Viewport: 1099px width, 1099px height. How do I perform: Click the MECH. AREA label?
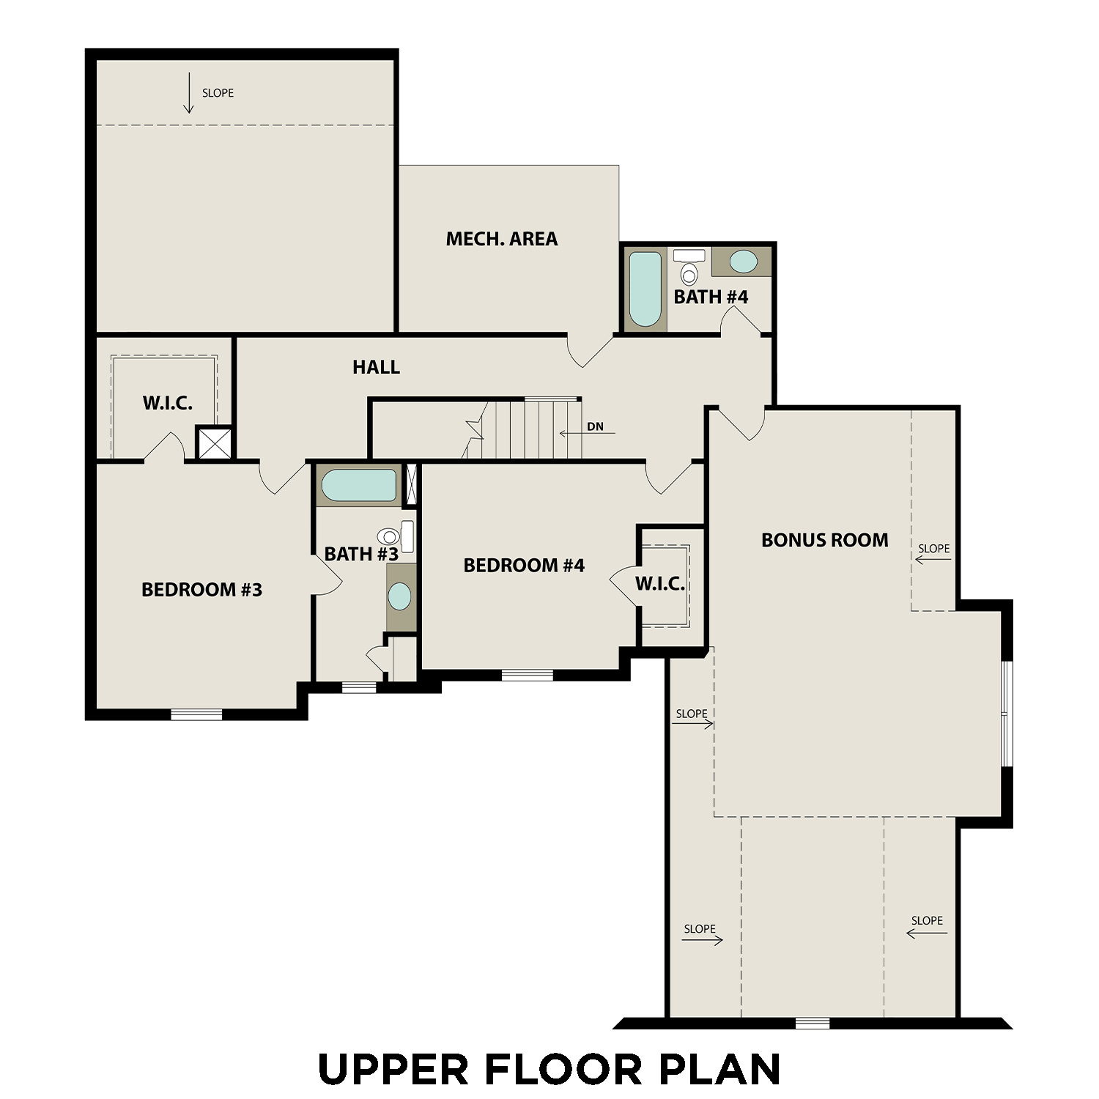[502, 239]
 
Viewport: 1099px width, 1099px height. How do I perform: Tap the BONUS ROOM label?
[824, 540]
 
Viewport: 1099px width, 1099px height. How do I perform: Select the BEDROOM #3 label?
[201, 590]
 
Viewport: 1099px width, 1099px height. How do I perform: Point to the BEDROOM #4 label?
[524, 565]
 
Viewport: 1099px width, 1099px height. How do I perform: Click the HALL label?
[376, 367]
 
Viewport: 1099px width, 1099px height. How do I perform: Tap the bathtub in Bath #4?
[645, 289]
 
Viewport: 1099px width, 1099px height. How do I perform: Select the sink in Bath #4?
[743, 262]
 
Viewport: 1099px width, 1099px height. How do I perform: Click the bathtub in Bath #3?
[359, 486]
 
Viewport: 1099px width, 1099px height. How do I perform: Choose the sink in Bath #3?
[400, 596]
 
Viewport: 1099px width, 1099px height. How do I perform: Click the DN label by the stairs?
[595, 426]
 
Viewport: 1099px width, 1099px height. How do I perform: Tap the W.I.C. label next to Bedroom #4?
[660, 584]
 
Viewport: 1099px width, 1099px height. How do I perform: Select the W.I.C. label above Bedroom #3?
[167, 403]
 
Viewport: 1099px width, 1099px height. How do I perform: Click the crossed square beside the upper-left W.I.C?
[215, 444]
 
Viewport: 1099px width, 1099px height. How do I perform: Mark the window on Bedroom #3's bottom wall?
[196, 714]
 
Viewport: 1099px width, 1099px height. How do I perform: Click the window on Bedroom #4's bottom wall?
[527, 675]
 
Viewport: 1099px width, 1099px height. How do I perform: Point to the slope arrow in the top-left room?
[188, 93]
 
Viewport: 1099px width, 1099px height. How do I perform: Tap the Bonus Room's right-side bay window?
[1007, 714]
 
